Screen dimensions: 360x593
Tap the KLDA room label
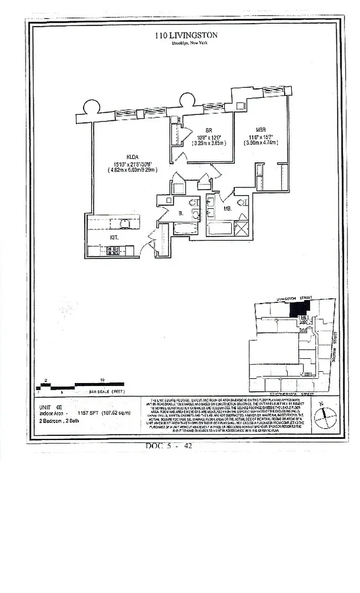coord(130,157)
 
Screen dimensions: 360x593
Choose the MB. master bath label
coord(227,208)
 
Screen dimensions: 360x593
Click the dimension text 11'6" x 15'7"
coord(260,138)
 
